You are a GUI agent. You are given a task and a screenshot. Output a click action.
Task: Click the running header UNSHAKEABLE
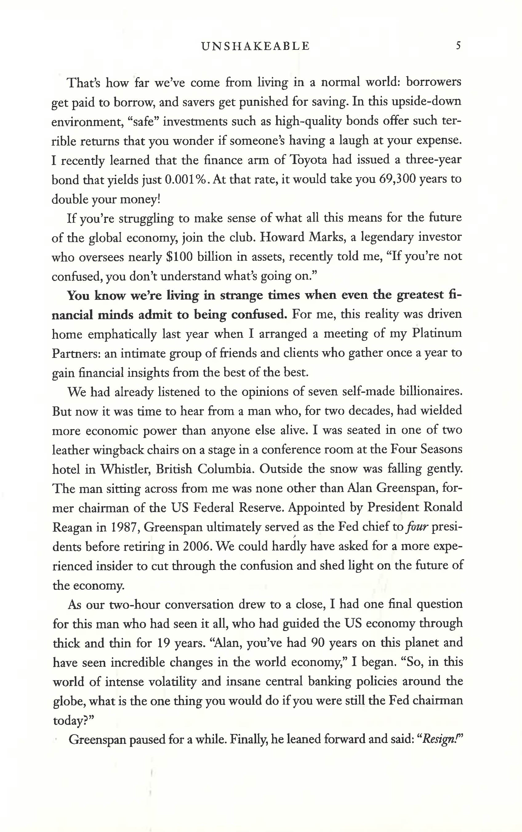[x=255, y=46]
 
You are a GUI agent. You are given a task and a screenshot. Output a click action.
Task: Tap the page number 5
[x=458, y=46]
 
